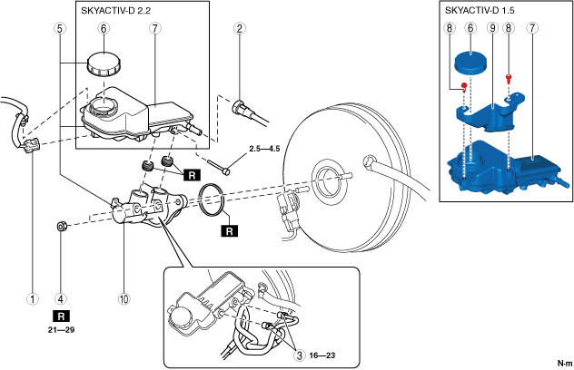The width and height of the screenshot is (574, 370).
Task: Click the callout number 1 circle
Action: click(x=33, y=298)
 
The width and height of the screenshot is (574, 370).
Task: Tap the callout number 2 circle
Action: click(x=240, y=28)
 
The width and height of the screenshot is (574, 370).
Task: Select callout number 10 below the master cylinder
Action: click(x=124, y=298)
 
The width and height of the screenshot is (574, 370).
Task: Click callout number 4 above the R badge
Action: click(x=61, y=298)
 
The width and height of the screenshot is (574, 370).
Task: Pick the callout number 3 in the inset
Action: click(x=300, y=355)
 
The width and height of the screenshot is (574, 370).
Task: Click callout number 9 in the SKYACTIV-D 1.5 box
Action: click(x=493, y=28)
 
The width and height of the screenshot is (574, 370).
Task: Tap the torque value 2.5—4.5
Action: click(x=264, y=149)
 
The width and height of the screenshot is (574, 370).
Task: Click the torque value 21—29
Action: click(x=61, y=330)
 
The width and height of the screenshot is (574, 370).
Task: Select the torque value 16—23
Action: click(x=322, y=355)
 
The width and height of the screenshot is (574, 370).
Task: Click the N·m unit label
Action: click(x=565, y=363)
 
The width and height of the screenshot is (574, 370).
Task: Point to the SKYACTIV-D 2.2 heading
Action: click(x=115, y=11)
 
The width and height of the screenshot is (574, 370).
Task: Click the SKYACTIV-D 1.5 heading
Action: click(x=480, y=10)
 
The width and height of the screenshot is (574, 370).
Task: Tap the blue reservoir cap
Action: click(x=470, y=62)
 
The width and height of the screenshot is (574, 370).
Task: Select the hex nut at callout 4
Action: click(x=62, y=227)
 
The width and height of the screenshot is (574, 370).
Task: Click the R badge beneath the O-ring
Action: click(x=229, y=231)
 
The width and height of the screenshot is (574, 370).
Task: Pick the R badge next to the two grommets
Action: click(x=192, y=175)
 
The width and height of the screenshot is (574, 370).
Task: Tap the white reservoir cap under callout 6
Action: click(x=104, y=64)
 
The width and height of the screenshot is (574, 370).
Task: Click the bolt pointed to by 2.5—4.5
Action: click(x=219, y=166)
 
